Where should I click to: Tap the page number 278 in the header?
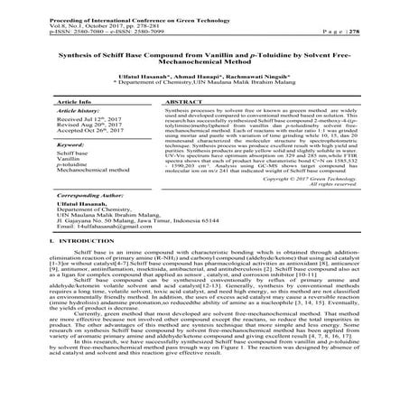click(384, 27)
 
